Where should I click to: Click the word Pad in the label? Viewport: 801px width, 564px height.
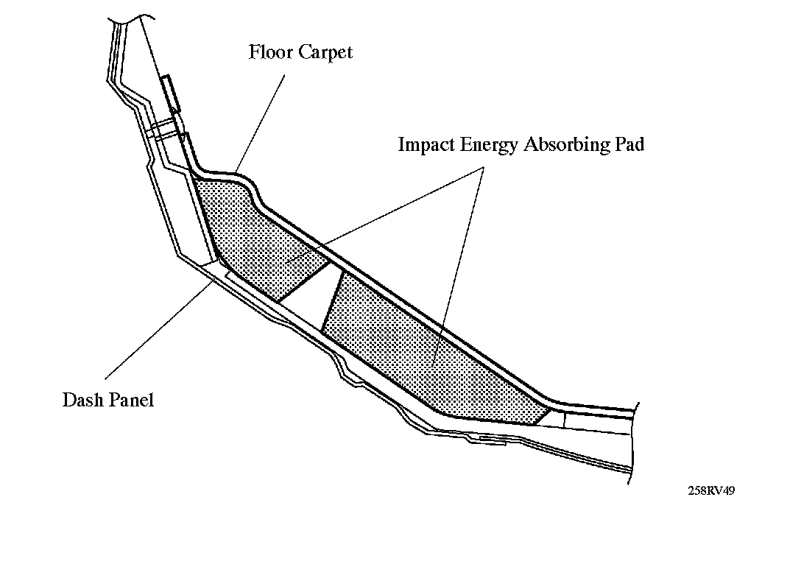(629, 144)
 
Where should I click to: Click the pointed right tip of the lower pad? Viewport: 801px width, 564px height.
(549, 409)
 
